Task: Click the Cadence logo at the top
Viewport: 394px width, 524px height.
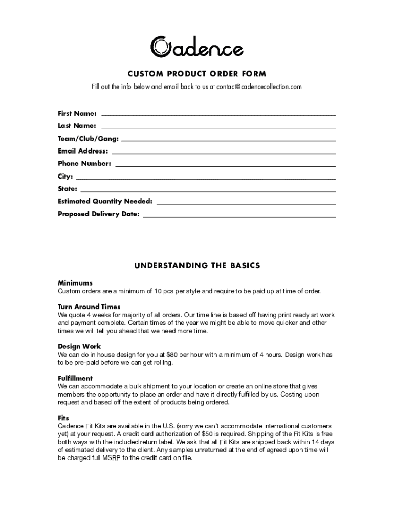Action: [197, 47]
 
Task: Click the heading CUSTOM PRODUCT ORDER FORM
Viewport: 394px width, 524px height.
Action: [197, 74]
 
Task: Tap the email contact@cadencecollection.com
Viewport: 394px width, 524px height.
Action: [259, 87]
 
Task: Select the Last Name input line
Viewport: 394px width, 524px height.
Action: [218, 127]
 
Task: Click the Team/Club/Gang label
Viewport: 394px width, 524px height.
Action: [88, 139]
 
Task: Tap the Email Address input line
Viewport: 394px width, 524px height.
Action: [223, 152]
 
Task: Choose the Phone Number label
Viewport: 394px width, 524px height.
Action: [84, 164]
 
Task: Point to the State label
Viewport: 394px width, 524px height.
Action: [68, 189]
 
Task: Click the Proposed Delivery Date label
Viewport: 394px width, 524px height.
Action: [99, 214]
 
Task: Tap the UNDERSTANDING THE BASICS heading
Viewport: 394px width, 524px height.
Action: [197, 266]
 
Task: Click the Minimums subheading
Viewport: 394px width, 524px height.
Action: [75, 283]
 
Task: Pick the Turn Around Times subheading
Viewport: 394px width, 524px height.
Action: [89, 307]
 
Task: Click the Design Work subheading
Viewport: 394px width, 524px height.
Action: [79, 347]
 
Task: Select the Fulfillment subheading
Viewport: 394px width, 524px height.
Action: [75, 379]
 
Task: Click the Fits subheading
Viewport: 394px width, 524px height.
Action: [63, 418]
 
